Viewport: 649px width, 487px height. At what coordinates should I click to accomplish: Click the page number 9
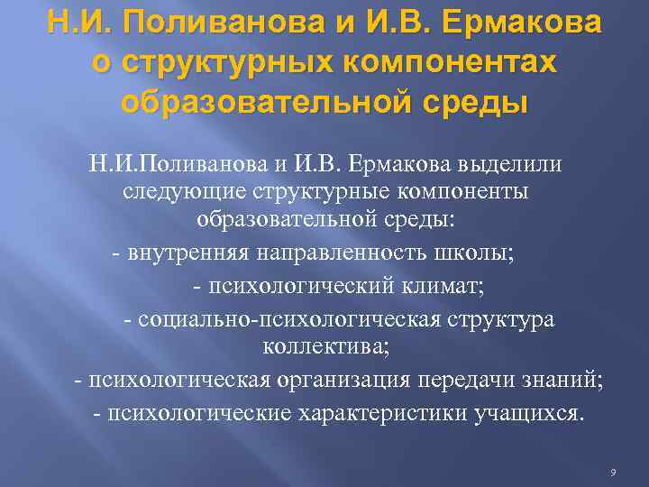(x=612, y=473)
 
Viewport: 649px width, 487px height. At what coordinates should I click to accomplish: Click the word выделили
(x=509, y=165)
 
